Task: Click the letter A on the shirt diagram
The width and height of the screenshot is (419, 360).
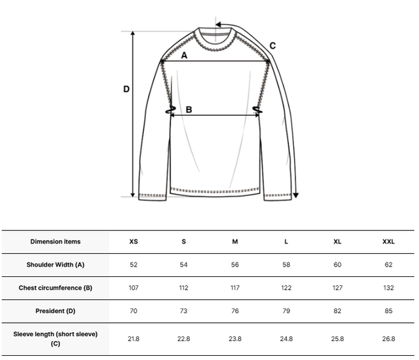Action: coord(184,55)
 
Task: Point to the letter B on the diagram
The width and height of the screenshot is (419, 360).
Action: coord(189,110)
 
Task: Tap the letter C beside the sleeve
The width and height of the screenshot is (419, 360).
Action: coord(272,45)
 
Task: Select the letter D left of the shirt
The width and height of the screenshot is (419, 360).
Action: coord(126,89)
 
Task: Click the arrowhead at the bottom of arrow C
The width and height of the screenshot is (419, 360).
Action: coord(295,195)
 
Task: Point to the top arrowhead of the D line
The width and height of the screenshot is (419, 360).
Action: coord(133,33)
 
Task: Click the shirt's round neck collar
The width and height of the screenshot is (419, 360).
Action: coord(215,40)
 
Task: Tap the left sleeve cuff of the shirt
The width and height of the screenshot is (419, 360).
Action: coord(152,197)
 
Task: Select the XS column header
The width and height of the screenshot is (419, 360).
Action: coord(133,241)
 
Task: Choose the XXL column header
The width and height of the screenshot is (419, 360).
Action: coord(388,241)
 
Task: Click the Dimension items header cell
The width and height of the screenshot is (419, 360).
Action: coord(55,241)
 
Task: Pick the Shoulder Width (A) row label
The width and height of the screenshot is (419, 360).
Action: coord(55,264)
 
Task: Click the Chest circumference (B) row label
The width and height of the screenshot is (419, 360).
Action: coord(55,288)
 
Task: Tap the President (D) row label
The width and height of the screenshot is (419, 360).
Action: coord(55,311)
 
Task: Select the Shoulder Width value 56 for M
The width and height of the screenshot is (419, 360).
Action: coord(235,264)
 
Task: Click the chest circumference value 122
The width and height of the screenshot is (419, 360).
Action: coord(286,288)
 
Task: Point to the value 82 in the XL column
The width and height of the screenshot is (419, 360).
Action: coord(337,311)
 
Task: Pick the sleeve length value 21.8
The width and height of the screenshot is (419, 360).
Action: coord(133,338)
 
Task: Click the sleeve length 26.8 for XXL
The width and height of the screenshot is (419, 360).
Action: coord(388,338)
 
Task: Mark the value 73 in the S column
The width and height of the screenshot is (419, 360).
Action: coord(184,311)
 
